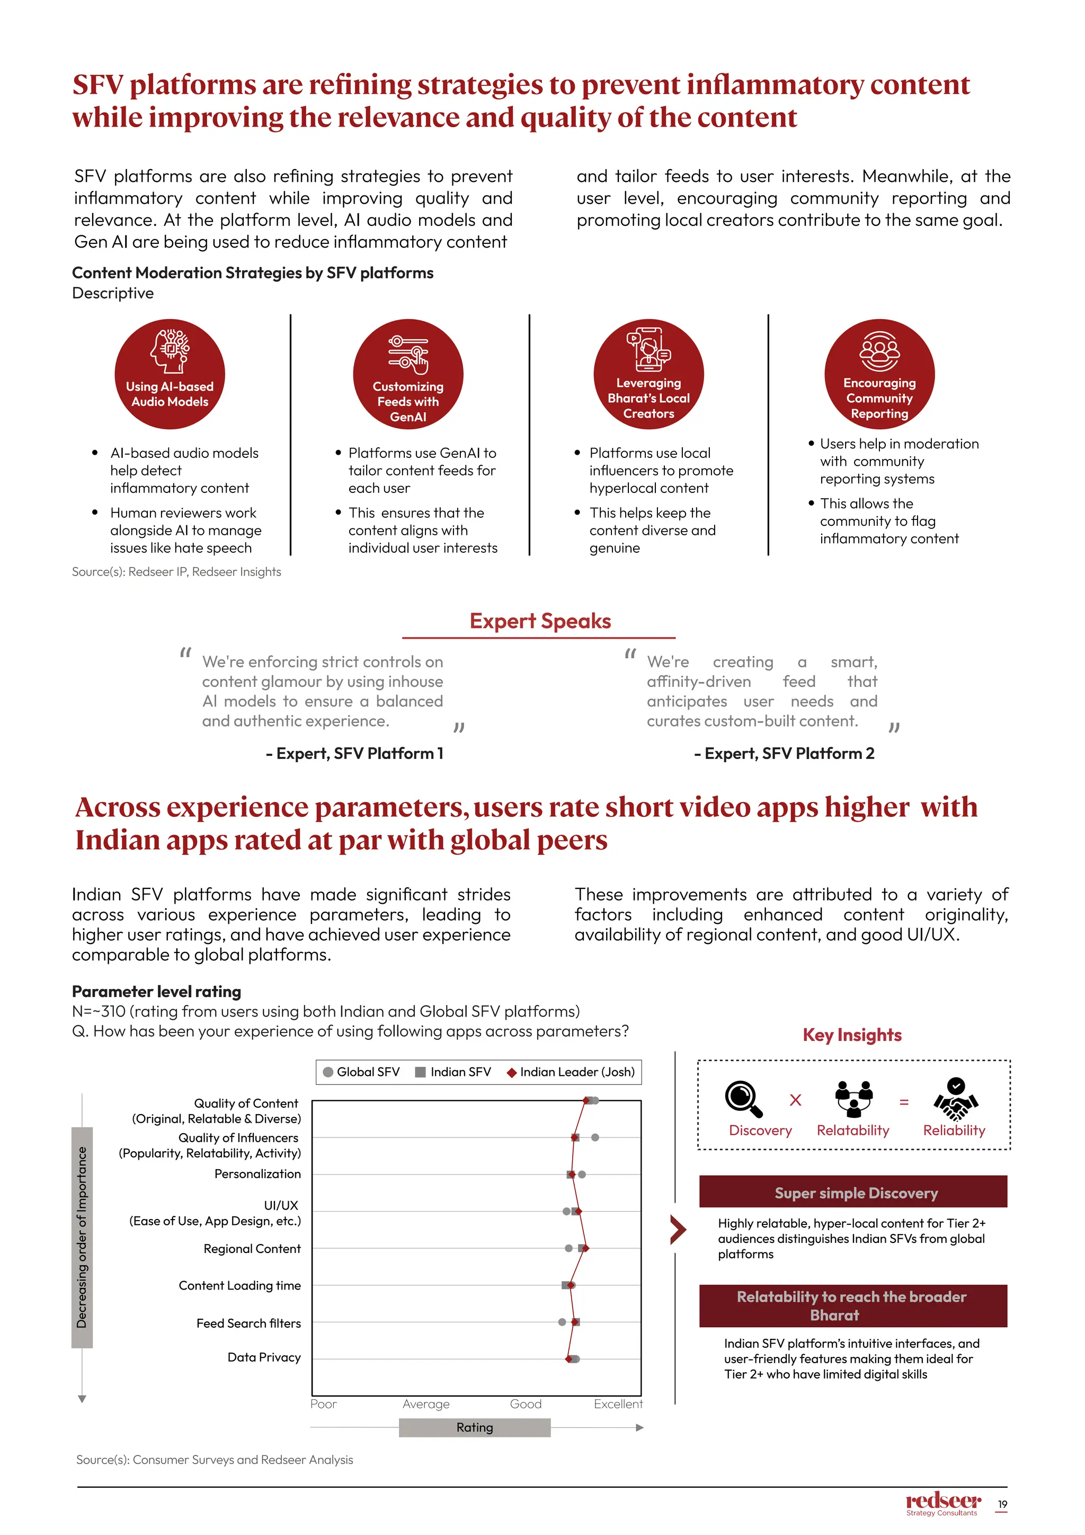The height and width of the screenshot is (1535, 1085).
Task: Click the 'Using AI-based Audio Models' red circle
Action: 170,374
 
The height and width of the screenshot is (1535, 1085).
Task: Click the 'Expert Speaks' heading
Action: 540,621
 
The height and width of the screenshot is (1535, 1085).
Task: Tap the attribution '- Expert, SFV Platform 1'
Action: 354,754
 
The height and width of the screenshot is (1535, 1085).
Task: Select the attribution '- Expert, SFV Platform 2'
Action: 784,754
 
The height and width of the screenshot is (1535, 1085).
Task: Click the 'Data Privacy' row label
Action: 264,1356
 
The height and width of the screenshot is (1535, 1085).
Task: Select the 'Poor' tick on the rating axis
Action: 323,1404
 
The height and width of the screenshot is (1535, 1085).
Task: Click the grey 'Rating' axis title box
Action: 474,1427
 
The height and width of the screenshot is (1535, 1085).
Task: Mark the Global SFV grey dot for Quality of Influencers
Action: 594,1137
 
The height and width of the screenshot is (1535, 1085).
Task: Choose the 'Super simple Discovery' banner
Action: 852,1193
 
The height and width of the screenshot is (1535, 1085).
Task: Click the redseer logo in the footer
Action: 942,1502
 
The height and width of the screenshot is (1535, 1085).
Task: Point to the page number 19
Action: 1002,1504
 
